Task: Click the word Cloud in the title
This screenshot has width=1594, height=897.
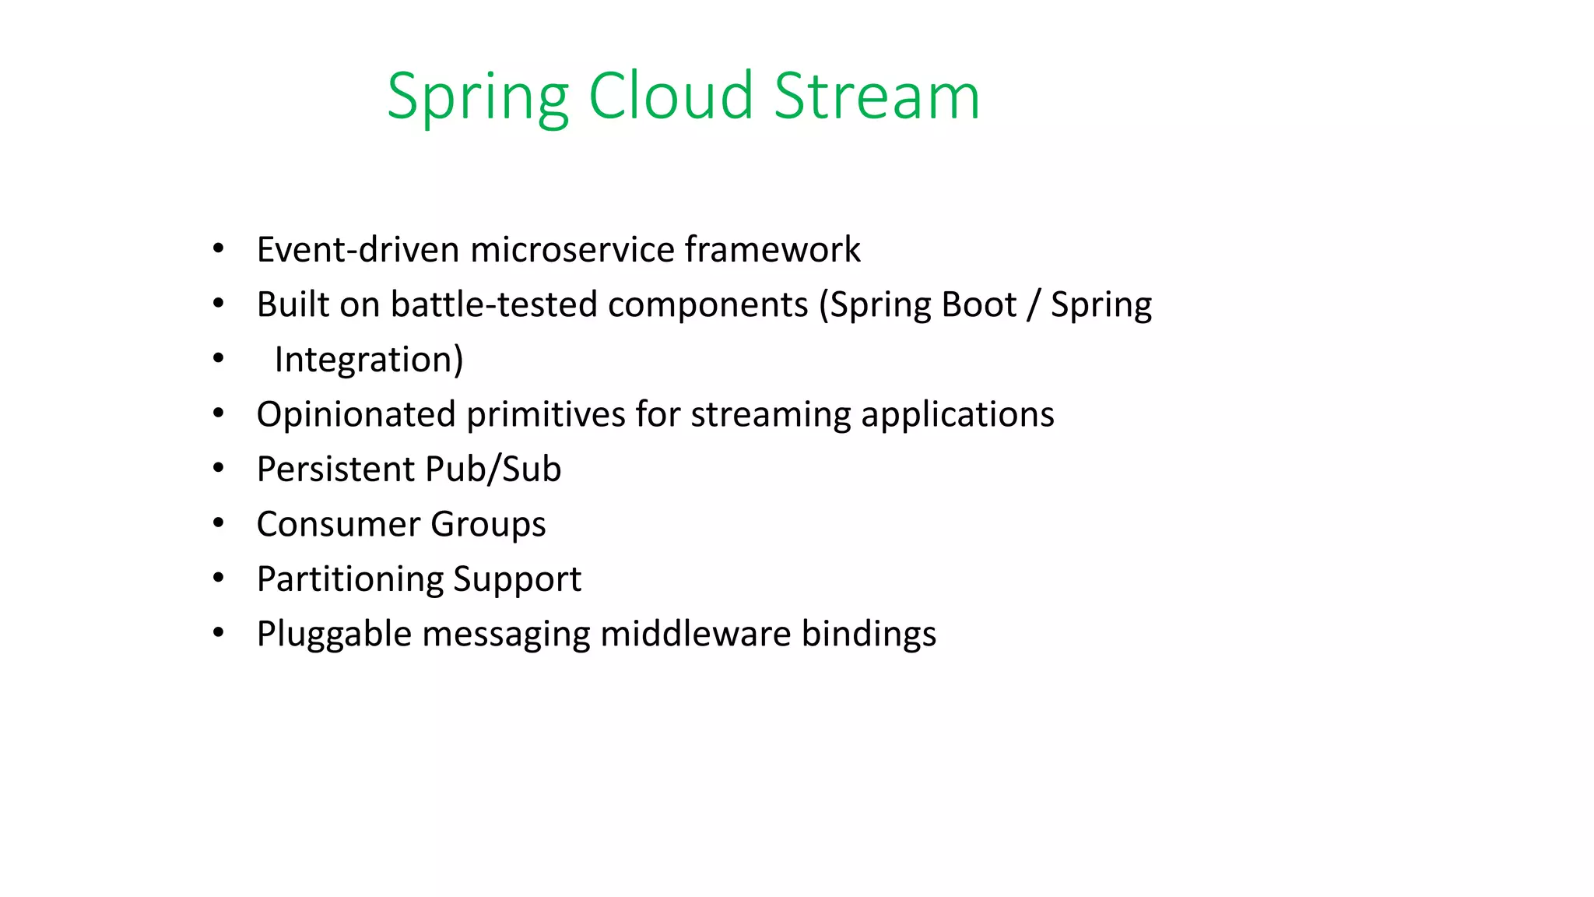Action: (670, 96)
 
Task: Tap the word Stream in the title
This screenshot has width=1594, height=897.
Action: (876, 96)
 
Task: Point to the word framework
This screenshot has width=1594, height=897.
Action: (772, 250)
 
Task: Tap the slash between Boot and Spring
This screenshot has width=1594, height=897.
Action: (1034, 304)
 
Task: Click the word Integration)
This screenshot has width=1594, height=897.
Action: (369, 360)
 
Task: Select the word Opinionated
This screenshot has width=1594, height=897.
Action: (356, 414)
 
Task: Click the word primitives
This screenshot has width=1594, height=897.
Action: (546, 414)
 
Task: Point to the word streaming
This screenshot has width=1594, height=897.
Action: (771, 414)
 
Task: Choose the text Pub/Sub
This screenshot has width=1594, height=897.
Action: (493, 470)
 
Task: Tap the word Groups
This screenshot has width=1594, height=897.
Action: (488, 524)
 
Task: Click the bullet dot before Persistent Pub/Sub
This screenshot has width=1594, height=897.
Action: (219, 469)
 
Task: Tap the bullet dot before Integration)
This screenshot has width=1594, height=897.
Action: (219, 359)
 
